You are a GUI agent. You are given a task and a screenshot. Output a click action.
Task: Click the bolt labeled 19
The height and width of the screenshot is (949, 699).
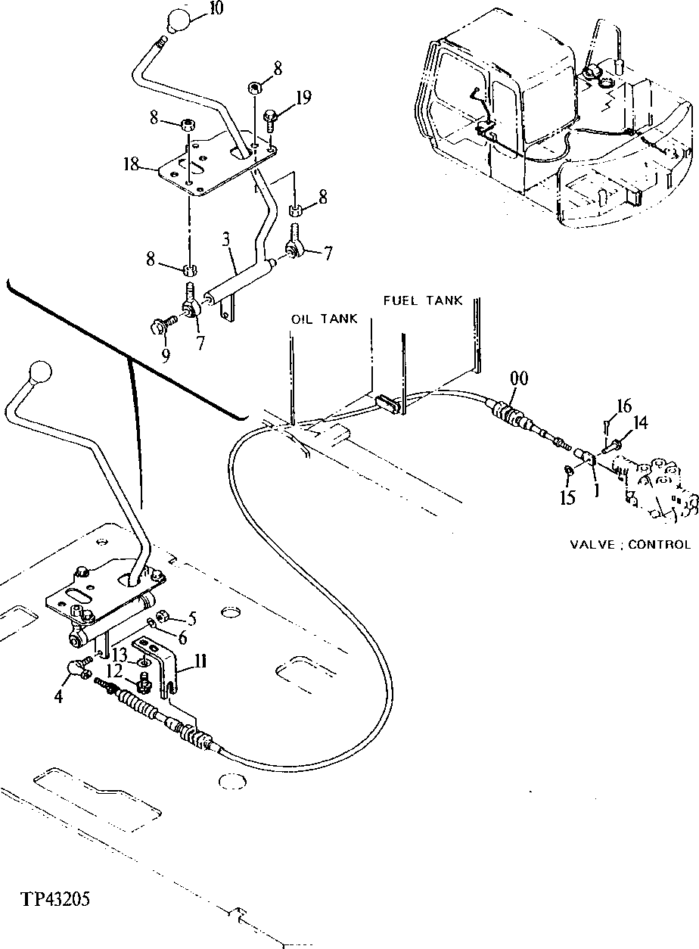[x=271, y=117]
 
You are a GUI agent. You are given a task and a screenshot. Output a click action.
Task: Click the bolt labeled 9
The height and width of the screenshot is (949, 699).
[x=160, y=325]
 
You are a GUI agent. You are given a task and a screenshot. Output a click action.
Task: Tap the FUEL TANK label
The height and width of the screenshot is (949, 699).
[x=423, y=300]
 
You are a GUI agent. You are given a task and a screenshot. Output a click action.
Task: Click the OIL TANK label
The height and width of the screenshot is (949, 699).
[x=324, y=319]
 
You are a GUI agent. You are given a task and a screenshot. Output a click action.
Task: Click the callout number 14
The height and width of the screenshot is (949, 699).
[x=640, y=424]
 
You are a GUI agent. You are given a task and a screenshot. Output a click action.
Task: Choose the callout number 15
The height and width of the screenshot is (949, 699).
[x=568, y=498]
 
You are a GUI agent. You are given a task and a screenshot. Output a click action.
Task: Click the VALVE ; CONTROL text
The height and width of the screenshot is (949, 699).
[x=629, y=544]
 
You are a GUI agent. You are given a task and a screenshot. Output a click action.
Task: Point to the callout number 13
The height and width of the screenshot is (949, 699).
[x=120, y=653]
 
